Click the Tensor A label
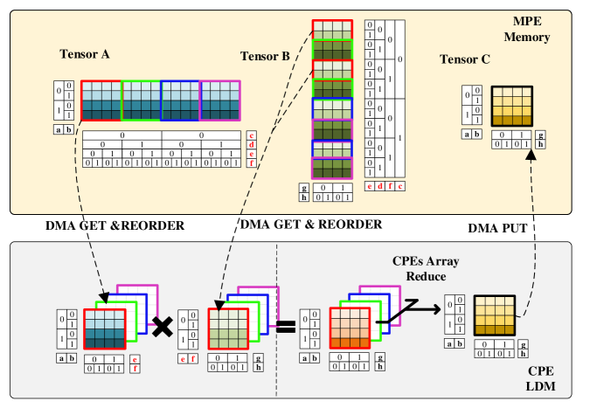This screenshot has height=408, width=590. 84,54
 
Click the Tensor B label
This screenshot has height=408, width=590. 265,57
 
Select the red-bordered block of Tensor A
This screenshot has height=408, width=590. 101,100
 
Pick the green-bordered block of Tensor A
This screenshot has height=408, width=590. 141,100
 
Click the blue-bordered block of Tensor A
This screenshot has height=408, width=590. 180,100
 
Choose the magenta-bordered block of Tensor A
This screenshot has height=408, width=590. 219,100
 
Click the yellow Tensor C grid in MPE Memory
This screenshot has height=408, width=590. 511,107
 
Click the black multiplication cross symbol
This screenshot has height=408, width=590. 162,327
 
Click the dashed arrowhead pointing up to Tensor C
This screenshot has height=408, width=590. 531,155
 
